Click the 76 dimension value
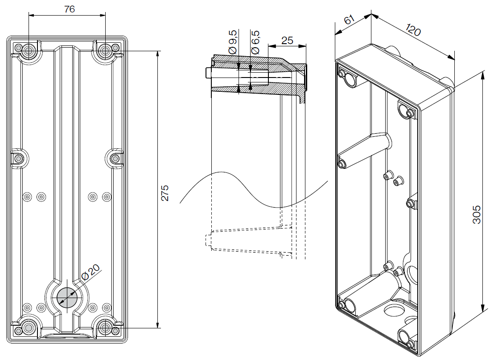coord(67,8)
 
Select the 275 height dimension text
coord(165,192)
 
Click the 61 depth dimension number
coord(349,20)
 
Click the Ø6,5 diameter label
coord(255,43)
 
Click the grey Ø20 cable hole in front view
coord(67,296)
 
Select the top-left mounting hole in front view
coord(29,51)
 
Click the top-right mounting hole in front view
coord(106,51)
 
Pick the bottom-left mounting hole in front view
coord(29,327)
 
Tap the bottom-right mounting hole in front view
coord(106,327)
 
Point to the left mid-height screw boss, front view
coord(19,158)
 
